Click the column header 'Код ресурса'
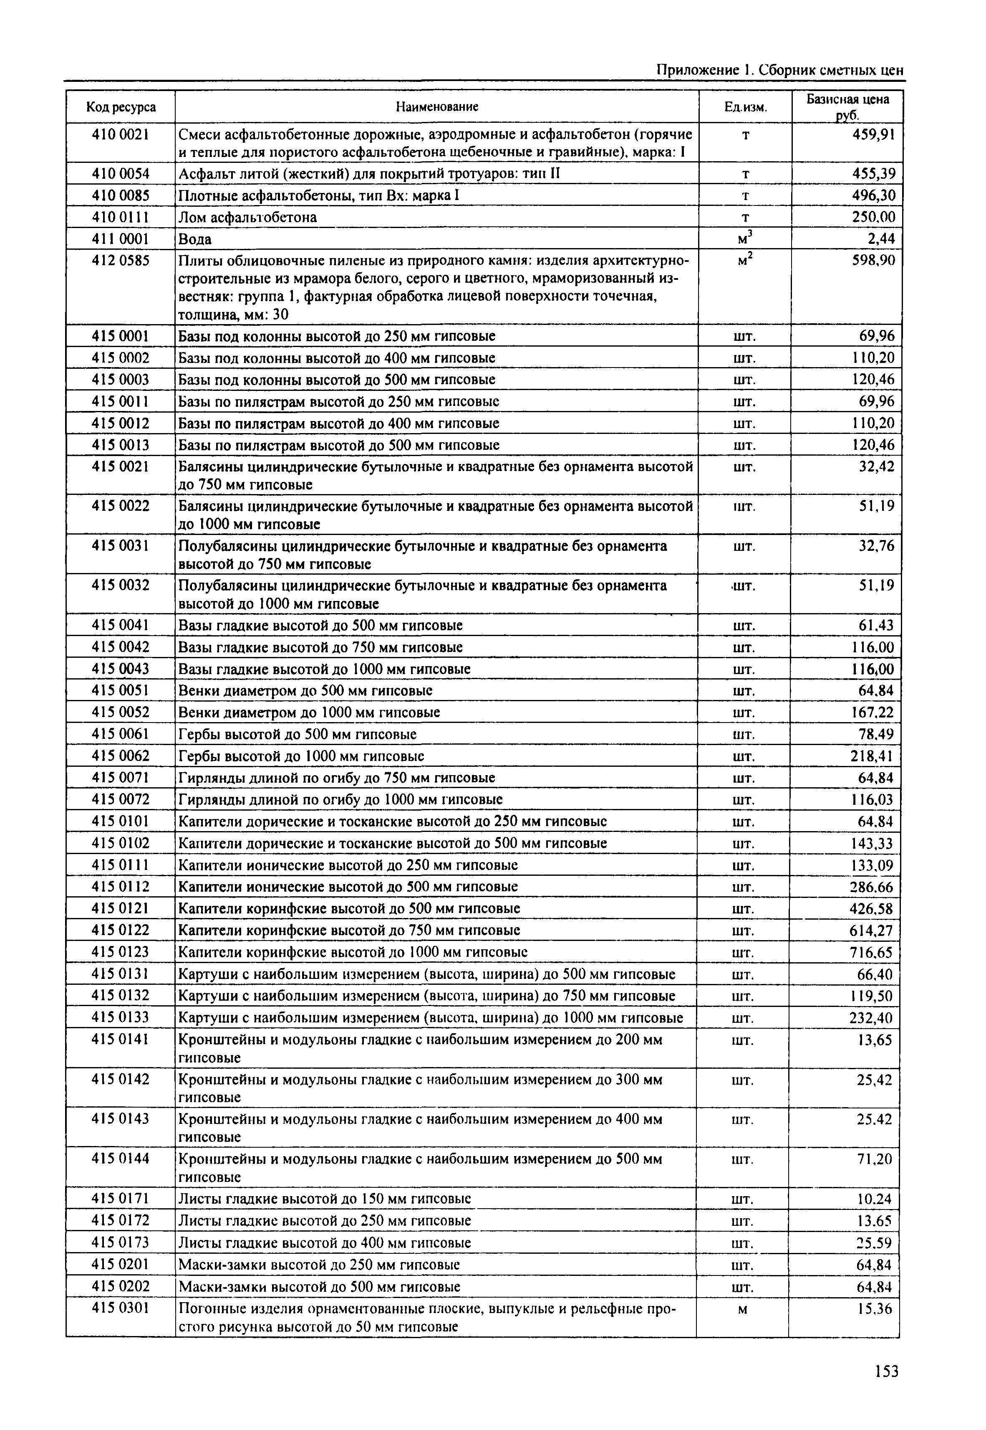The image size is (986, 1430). [x=121, y=107]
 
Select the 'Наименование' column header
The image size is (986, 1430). [x=437, y=107]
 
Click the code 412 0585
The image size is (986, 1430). [x=121, y=261]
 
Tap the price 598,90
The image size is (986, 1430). [x=873, y=261]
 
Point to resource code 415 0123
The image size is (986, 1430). [x=121, y=952]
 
